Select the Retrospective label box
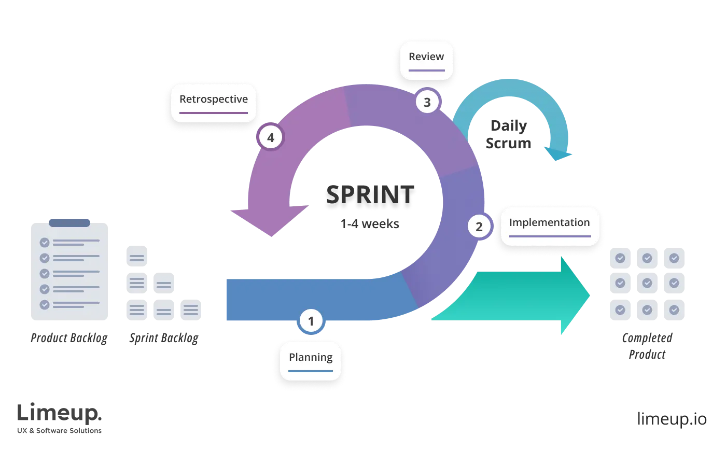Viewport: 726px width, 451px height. tap(214, 102)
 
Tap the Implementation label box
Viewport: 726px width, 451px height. tap(550, 227)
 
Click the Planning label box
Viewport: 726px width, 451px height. tap(311, 360)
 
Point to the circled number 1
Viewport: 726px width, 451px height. tap(311, 321)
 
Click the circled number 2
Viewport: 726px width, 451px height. tap(479, 227)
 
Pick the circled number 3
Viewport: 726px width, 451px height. tap(427, 103)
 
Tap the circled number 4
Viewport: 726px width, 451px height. tap(270, 138)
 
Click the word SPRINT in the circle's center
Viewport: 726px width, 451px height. tap(370, 195)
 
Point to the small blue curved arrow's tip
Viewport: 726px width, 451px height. tap(558, 155)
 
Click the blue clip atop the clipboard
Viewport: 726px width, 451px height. tap(69, 222)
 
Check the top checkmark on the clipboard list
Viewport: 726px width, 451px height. tap(45, 242)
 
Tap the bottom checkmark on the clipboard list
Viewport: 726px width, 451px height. tap(45, 304)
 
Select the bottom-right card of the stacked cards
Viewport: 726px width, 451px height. tap(191, 310)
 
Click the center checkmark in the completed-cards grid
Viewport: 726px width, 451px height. tap(647, 283)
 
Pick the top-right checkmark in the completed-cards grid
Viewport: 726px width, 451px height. tap(674, 258)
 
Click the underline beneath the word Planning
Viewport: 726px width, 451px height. tap(311, 371)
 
